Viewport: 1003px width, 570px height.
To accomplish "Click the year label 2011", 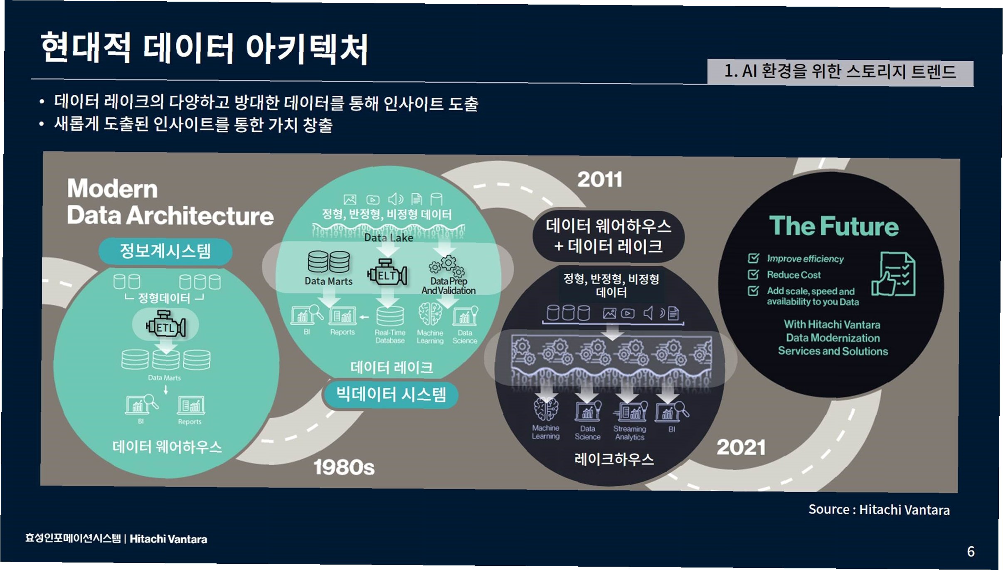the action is click(x=599, y=180).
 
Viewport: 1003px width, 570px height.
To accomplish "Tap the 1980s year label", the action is click(x=344, y=467).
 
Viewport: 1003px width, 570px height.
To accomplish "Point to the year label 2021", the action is click(x=741, y=448).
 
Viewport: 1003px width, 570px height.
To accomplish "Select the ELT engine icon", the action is click(x=387, y=274).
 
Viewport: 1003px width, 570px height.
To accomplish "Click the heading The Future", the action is click(x=833, y=226).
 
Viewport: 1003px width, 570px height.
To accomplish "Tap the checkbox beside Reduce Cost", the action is click(x=753, y=274).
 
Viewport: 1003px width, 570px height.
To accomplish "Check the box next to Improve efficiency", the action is click(x=753, y=258).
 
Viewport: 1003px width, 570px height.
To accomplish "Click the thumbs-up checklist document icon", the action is click(x=894, y=274).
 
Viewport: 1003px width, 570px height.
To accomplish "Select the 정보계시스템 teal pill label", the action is click(x=165, y=251).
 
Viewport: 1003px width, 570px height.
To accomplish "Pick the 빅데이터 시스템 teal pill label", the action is click(x=391, y=394).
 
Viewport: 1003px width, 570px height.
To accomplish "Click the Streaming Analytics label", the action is click(x=630, y=433).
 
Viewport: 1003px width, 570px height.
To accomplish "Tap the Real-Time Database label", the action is click(x=390, y=336).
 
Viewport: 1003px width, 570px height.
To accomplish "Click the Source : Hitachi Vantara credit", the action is click(x=879, y=510).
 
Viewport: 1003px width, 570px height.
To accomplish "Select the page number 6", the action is click(x=971, y=552).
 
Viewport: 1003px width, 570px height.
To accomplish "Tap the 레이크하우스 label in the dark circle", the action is click(x=614, y=459).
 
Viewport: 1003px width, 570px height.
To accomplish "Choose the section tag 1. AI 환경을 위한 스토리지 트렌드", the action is click(x=840, y=72).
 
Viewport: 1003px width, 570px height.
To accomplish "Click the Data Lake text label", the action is click(x=389, y=238).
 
